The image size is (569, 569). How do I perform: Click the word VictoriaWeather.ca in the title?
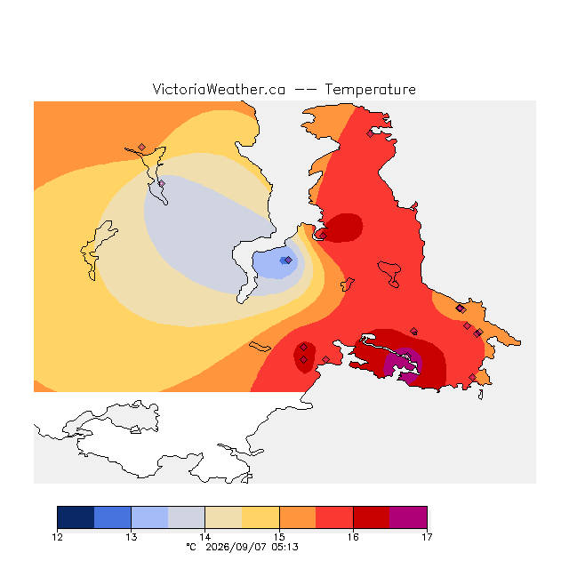coord(219,89)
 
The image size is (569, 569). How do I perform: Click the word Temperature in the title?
coord(370,89)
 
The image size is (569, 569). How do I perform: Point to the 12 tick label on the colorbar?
coord(57,537)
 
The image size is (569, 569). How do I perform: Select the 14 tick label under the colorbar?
coord(205,537)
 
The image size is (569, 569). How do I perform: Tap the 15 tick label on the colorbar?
coord(279,537)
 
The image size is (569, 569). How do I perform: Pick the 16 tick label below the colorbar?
coord(353,537)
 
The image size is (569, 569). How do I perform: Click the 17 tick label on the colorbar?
coord(427,537)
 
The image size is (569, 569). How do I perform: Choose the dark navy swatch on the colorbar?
coord(76,517)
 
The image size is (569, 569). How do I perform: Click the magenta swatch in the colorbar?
coord(408,517)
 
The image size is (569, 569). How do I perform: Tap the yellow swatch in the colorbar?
coord(260,517)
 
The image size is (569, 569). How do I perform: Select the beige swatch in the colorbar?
coord(223,517)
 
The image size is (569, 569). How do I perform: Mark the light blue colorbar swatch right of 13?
coord(149,517)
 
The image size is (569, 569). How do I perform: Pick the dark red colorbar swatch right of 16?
coord(372,517)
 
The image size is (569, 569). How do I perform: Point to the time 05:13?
coord(284,547)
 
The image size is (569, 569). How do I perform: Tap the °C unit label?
coord(191,547)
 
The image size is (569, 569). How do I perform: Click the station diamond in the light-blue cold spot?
coord(288,260)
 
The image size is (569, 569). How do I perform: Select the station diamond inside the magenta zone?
coord(408,356)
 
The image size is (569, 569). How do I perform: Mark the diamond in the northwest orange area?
coord(142,147)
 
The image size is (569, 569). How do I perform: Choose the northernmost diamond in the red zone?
coord(370,134)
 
